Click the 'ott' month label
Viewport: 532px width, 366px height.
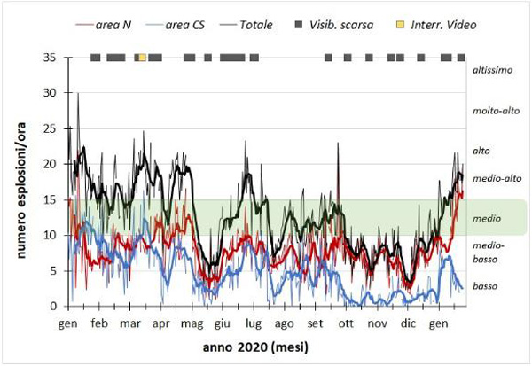346,323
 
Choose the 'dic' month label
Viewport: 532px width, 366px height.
408,323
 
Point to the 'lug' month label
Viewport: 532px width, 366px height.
254,323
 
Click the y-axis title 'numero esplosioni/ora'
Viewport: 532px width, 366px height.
18,182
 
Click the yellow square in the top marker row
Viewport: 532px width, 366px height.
142,58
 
